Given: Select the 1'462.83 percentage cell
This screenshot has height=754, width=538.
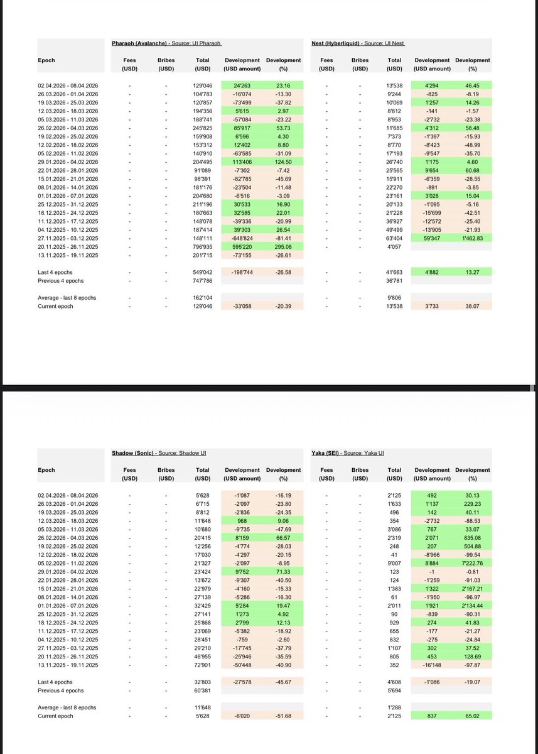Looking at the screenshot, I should pyautogui.click(x=472, y=238).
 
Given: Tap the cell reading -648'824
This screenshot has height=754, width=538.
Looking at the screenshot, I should pyautogui.click(x=242, y=238).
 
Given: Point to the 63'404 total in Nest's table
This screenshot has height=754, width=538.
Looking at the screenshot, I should pyautogui.click(x=394, y=238).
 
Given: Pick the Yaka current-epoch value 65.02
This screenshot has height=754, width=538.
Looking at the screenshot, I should pyautogui.click(x=472, y=716).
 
